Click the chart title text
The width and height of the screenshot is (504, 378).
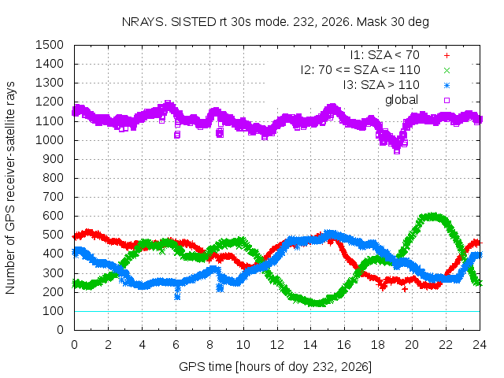coord(276,22)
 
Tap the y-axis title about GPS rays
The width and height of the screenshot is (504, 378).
coord(10,187)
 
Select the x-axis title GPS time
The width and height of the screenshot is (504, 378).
coord(275,366)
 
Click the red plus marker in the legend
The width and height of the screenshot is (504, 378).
coord(447,56)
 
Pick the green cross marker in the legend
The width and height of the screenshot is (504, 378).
coord(447,70)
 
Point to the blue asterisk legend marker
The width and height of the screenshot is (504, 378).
coord(447,86)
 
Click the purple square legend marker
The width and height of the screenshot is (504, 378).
coord(447,100)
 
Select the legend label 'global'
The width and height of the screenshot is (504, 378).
coord(402,100)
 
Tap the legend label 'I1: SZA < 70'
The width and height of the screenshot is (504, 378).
coord(385,55)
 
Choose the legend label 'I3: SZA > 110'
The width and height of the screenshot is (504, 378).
coord(381,85)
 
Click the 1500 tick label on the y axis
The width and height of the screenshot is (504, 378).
coord(50,45)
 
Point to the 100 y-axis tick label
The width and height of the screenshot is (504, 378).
coord(53,311)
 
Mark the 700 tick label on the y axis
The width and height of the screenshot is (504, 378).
coord(53,197)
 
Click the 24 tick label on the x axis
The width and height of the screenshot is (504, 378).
coord(480,345)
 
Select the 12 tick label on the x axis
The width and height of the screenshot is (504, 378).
coord(276,345)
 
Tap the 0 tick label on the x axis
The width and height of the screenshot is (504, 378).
coord(74,345)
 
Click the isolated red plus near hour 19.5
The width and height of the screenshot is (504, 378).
coord(405,289)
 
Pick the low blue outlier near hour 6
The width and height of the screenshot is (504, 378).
coord(177,296)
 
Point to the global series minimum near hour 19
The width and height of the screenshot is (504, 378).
coord(397,150)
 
